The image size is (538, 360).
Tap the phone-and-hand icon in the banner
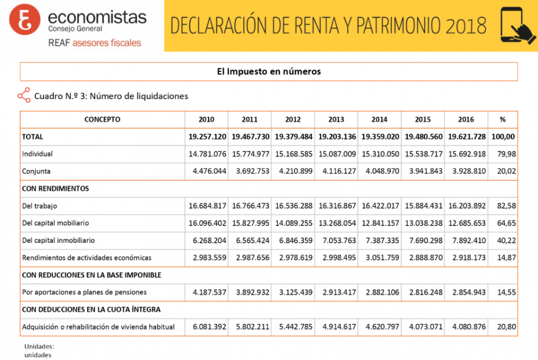pos(517,26)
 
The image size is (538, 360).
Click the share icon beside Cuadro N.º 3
pos(24,96)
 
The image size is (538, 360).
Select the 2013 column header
pos(336,119)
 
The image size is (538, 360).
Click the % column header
pos(503,119)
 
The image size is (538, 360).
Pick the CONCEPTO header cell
pos(103,119)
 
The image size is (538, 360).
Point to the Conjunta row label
pos(37,171)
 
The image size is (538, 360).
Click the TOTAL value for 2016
pos(466,137)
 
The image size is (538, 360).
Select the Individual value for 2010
pos(207,154)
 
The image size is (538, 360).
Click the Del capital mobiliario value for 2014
pos(380,223)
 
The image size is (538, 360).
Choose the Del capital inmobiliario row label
pos(58,240)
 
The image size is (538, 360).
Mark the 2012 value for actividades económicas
pos(293,257)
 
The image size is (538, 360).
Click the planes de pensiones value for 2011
pos(250,292)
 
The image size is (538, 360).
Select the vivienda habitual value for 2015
pos(423,327)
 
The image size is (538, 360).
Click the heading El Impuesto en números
pos(269,72)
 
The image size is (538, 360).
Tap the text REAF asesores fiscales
pos(94,43)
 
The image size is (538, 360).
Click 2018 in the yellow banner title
pos(466,26)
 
